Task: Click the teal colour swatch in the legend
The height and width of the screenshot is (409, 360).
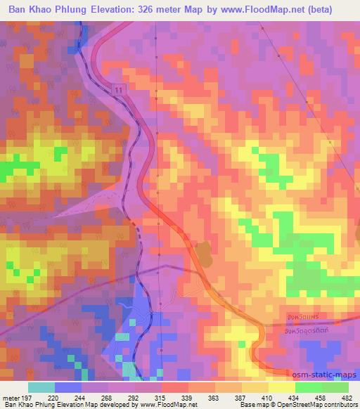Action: [41, 387]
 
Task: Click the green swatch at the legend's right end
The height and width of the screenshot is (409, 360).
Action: [335, 387]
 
